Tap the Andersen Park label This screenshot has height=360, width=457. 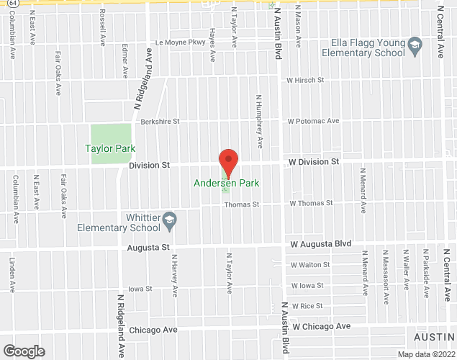pos(227,184)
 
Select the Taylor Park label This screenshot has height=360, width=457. pos(110,148)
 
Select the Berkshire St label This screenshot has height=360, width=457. pos(160,122)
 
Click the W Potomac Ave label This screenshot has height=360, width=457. pos(314,121)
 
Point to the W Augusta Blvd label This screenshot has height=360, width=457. pos(320,244)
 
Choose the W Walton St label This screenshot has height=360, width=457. pos(310,265)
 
